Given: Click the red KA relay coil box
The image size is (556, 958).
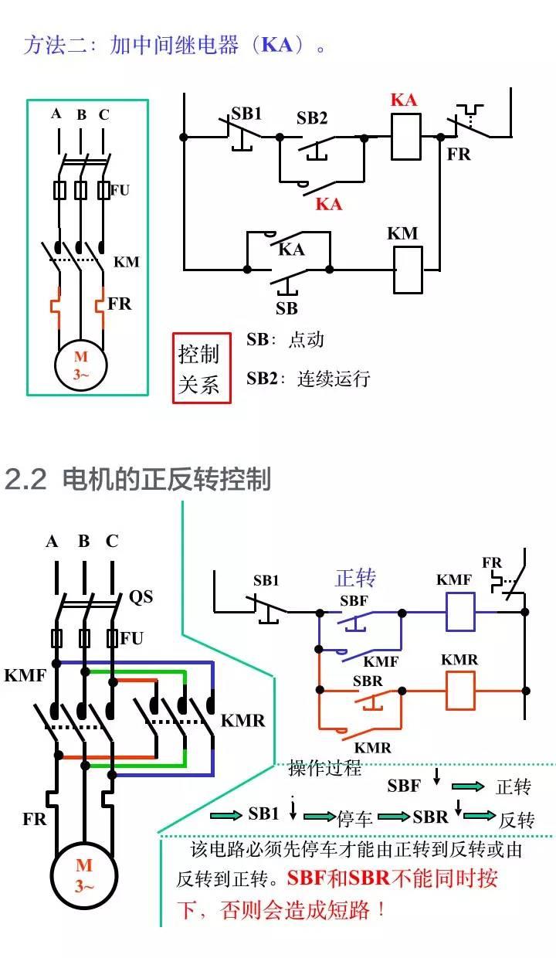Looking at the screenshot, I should pos(407,136).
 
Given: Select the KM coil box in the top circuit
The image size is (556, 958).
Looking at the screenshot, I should pos(408,270).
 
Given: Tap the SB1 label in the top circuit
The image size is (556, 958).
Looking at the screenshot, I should pos(247,114).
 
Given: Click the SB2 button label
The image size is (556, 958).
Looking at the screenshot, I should pos(312,118).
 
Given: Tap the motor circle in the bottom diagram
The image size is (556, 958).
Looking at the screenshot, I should pos(83,875).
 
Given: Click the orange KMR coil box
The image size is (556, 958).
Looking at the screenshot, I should pos(459,690).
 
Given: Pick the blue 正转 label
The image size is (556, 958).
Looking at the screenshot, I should pos(355,578).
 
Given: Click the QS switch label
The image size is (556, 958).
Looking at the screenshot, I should pos(141,596).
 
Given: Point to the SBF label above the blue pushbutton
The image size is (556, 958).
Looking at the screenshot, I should pos(354,600).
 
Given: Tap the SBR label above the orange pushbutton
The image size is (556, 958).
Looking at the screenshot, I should pos(368,681).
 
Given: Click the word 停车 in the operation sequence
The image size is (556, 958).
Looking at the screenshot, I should pos(355,818).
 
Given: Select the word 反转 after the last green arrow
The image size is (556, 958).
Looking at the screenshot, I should pos(517,820).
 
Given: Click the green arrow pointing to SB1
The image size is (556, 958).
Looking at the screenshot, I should pos(225,815).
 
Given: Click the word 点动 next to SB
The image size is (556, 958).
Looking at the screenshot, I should pos(307,339).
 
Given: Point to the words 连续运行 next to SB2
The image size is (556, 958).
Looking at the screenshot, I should pos(334,379).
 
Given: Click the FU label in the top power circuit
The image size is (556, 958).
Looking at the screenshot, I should pos(120,189).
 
